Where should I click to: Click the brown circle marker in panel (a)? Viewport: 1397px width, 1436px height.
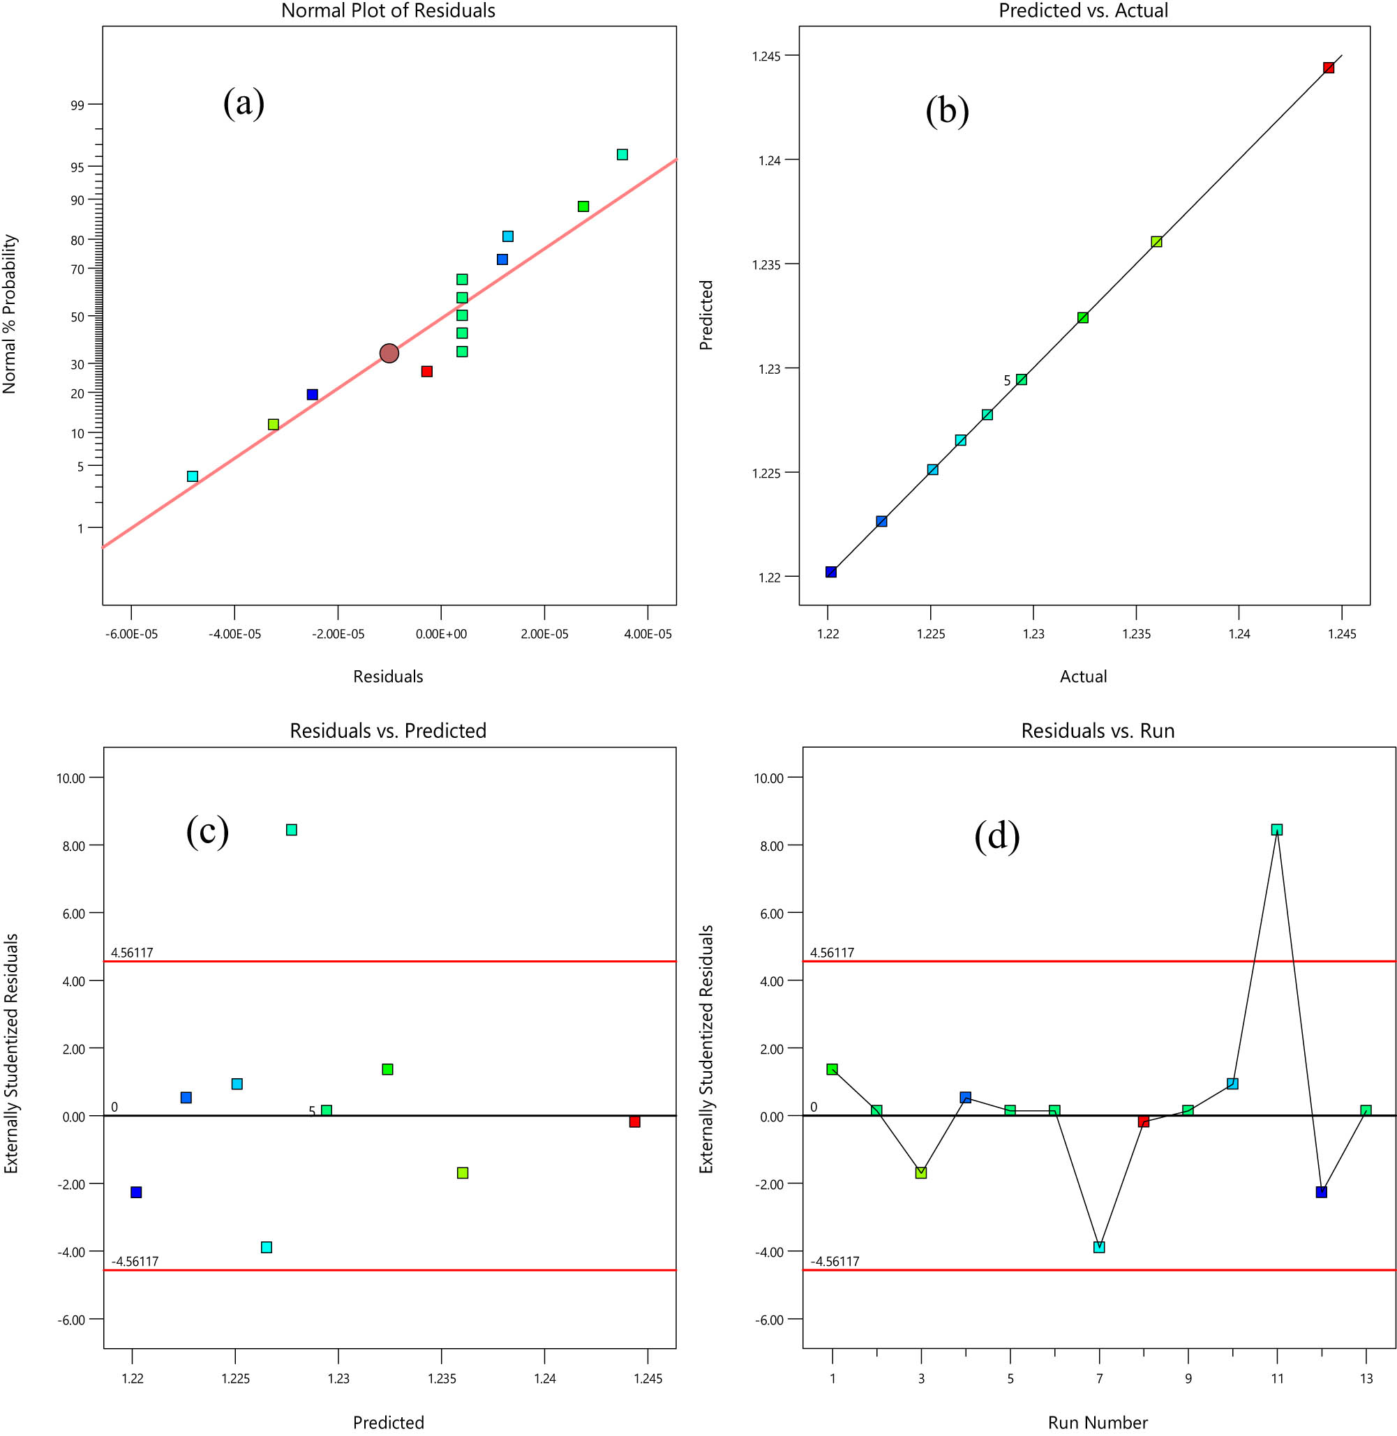[389, 354]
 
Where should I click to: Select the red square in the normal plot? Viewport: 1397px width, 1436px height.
[427, 372]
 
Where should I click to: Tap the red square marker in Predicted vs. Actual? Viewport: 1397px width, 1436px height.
[1328, 68]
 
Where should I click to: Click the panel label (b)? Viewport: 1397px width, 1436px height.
[946, 112]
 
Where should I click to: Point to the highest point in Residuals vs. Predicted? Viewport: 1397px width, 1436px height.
[291, 829]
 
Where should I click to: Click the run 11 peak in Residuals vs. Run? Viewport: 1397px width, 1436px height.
[1277, 829]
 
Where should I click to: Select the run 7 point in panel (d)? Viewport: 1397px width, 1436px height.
[1099, 1247]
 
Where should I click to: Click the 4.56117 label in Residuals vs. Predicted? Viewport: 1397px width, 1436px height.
[132, 953]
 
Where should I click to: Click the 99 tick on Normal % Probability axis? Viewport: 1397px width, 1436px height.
[77, 105]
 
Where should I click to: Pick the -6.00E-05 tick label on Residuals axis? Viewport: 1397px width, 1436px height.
[131, 634]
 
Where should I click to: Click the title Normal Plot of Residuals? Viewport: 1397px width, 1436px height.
[388, 11]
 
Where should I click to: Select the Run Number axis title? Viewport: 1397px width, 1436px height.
[1098, 1423]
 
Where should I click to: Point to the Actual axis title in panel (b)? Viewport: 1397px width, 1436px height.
[1083, 677]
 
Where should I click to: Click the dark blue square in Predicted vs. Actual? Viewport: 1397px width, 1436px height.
[831, 572]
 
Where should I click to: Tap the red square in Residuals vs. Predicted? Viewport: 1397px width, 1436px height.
[635, 1121]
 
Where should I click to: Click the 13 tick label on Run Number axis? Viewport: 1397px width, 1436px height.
[1366, 1379]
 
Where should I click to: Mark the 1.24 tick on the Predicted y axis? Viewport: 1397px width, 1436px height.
[769, 160]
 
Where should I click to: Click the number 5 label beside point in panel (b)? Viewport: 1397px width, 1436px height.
[1008, 381]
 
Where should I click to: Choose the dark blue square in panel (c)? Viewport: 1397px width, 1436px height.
[136, 1192]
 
